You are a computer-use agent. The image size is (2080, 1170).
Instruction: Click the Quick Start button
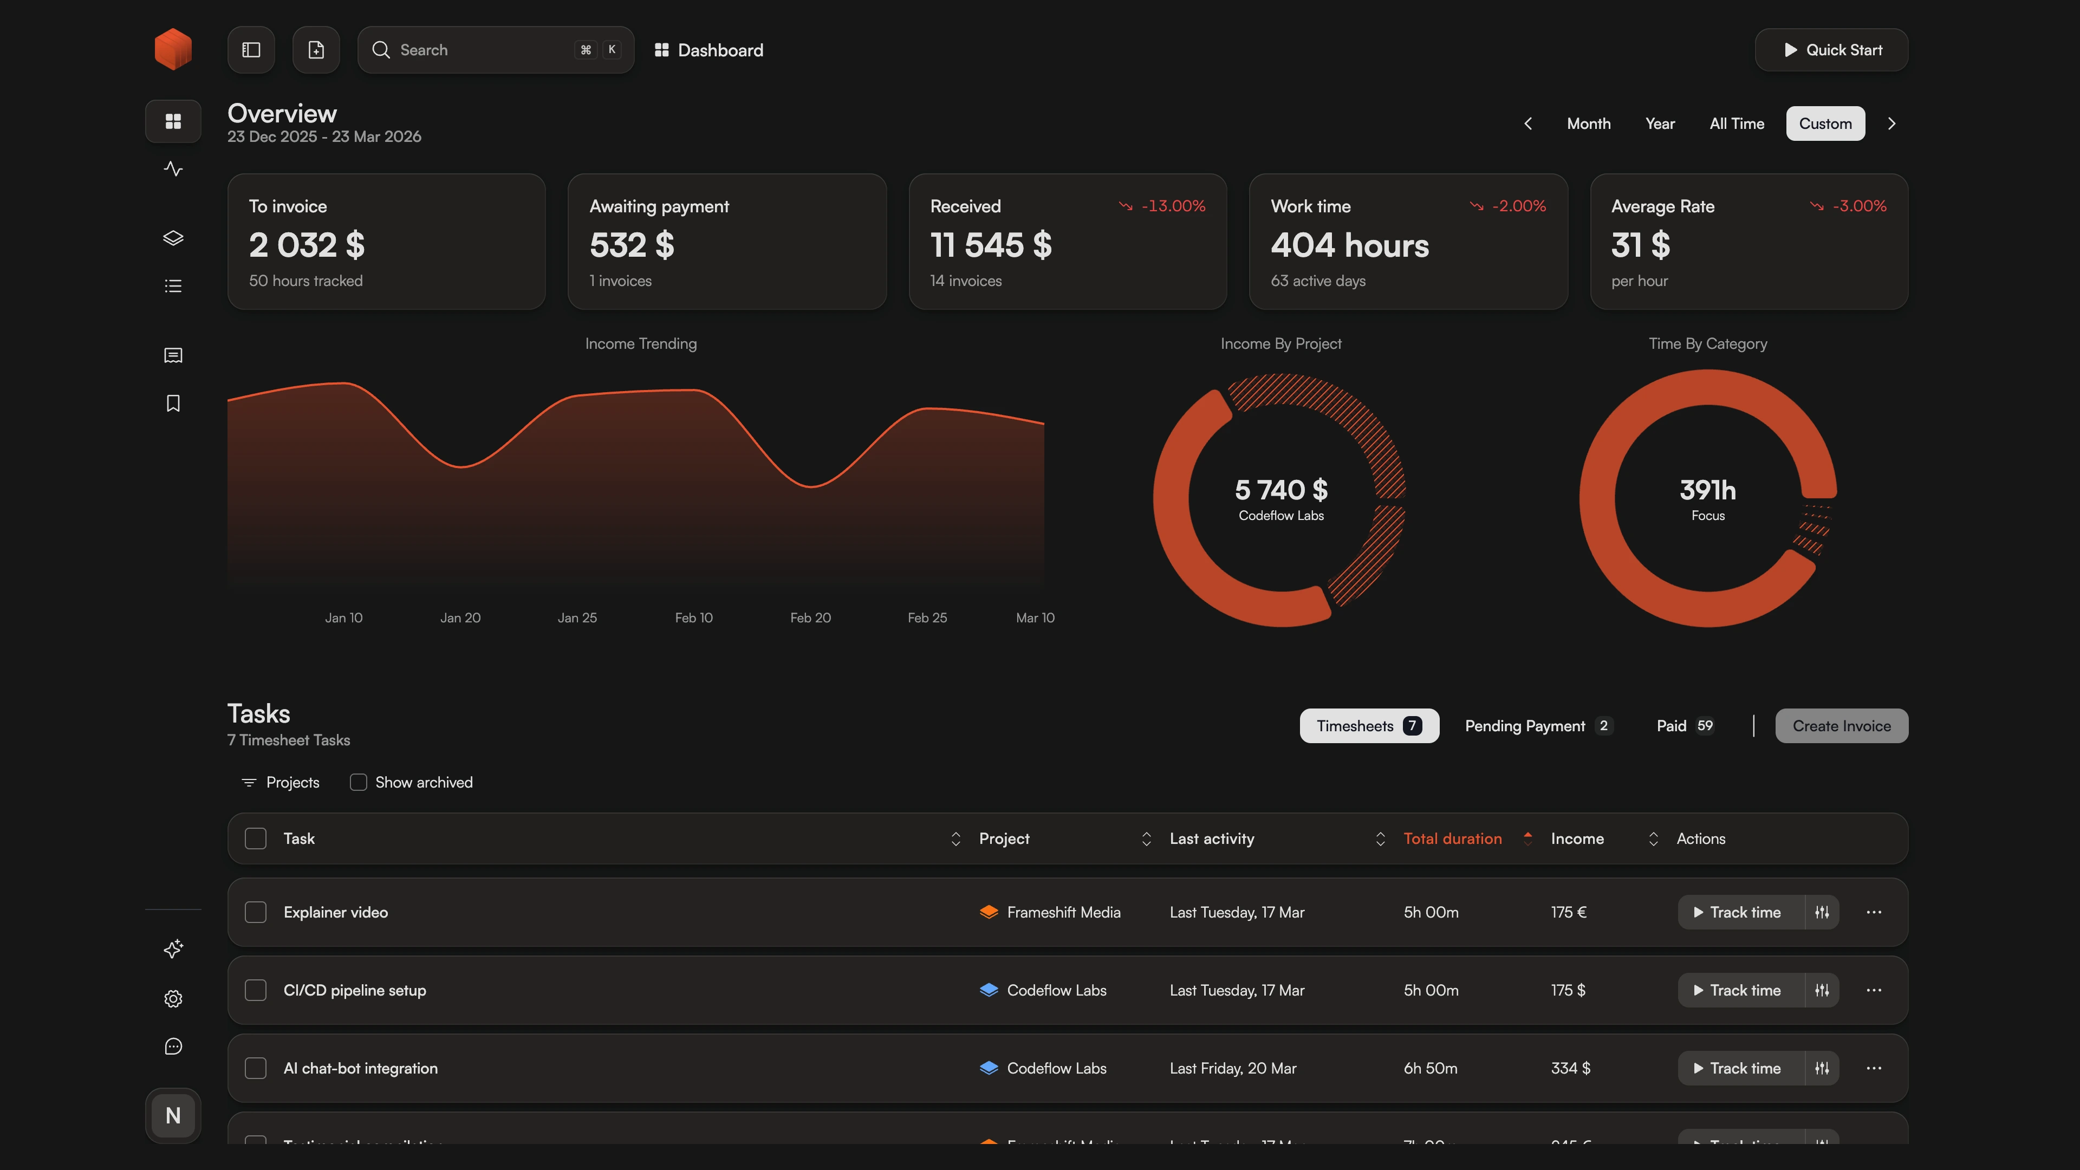(1831, 50)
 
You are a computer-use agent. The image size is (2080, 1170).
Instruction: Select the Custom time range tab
(1825, 123)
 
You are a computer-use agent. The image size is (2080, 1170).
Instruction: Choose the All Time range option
(1736, 123)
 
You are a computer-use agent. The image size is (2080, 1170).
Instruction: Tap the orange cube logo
(173, 49)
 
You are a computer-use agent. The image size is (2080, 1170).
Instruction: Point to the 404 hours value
(1349, 245)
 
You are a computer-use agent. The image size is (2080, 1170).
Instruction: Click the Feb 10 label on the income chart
(693, 617)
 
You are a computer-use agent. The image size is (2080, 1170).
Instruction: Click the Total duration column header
(1453, 839)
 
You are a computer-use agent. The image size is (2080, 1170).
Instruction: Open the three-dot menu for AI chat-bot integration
(1873, 1068)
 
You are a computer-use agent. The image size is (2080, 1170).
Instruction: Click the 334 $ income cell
(1570, 1068)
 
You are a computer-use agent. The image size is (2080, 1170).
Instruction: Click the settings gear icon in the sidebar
(173, 999)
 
